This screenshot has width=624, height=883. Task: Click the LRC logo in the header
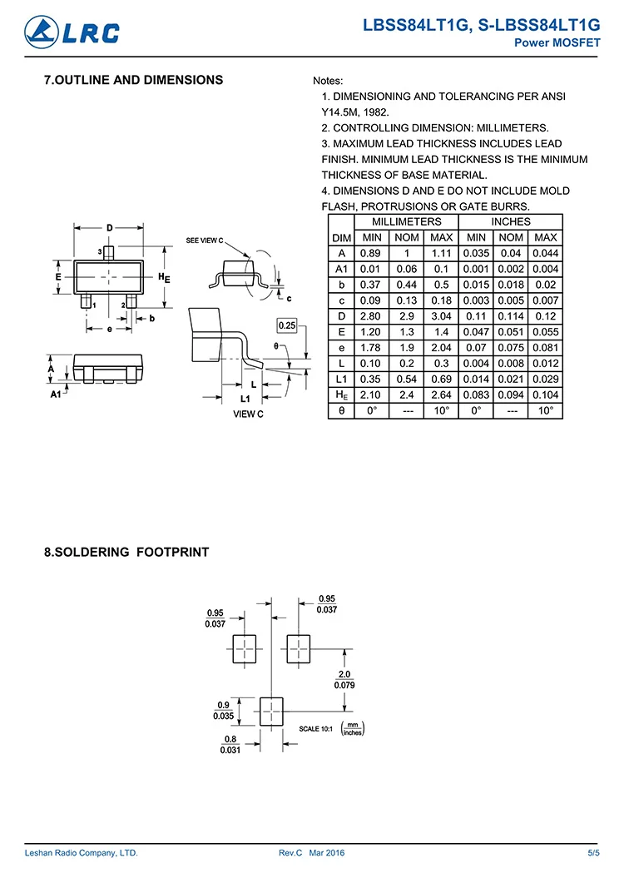point(72,32)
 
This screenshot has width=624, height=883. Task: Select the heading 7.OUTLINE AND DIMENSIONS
point(133,81)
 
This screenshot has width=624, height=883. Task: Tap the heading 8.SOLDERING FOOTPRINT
point(126,552)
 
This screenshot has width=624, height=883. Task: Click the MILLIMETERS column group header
point(407,222)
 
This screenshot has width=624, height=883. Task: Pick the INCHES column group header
point(511,222)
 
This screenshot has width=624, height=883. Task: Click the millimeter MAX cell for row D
point(442,316)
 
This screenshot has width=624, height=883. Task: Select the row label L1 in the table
point(341,379)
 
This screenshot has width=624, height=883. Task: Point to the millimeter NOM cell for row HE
point(407,395)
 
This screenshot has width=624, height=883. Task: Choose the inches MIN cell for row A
point(476,253)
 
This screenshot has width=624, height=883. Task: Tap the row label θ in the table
point(341,411)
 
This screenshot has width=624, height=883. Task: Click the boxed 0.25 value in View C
point(286,325)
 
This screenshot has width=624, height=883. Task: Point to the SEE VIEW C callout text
point(205,241)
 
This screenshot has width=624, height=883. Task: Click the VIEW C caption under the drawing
point(248,414)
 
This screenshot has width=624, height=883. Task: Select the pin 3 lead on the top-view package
point(109,253)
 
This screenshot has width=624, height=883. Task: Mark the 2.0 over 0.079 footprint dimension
point(344,679)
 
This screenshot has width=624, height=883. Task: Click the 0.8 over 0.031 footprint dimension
point(230,744)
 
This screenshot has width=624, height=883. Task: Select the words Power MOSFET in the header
point(557,42)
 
